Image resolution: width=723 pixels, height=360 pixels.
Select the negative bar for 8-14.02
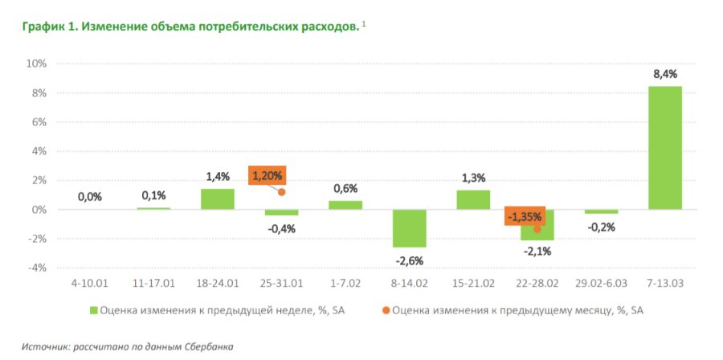coord(409,228)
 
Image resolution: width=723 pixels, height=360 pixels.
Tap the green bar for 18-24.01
coord(217,199)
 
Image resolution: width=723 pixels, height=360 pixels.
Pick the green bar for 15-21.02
coord(473,200)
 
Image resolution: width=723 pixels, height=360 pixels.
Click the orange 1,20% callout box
coord(267,175)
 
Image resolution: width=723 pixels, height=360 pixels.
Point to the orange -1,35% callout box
coord(525,216)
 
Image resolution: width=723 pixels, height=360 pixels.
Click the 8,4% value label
coord(665,74)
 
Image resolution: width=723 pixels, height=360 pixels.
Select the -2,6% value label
coord(409,260)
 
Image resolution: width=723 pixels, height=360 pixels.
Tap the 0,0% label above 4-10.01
coord(90,197)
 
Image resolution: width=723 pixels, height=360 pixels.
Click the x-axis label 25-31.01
coord(281,284)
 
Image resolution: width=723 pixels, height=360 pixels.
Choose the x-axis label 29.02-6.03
coord(601,284)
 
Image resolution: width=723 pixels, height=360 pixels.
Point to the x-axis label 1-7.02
coord(345,284)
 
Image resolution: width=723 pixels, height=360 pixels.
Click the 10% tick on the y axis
coord(38,63)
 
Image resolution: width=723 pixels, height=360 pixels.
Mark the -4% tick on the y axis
coord(38,268)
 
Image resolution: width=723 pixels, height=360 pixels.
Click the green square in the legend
coord(92,309)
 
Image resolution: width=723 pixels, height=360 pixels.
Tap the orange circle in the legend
coord(386,309)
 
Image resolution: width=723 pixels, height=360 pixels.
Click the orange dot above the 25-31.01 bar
coord(282,192)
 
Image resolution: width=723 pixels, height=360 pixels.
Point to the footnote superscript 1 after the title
coord(363,24)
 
